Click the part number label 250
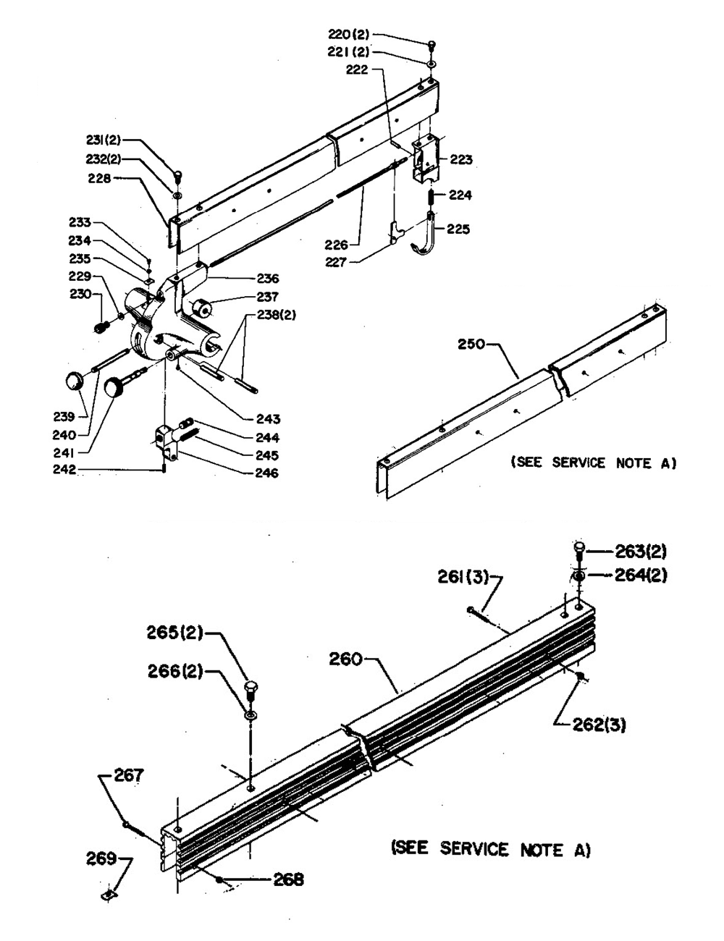point(471,345)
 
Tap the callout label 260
point(345,659)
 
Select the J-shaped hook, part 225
point(426,235)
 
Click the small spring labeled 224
point(432,197)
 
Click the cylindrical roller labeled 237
point(201,308)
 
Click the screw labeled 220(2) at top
point(432,46)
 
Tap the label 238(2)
point(277,315)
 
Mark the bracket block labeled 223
point(426,159)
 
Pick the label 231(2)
point(104,140)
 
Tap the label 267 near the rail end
point(129,775)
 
